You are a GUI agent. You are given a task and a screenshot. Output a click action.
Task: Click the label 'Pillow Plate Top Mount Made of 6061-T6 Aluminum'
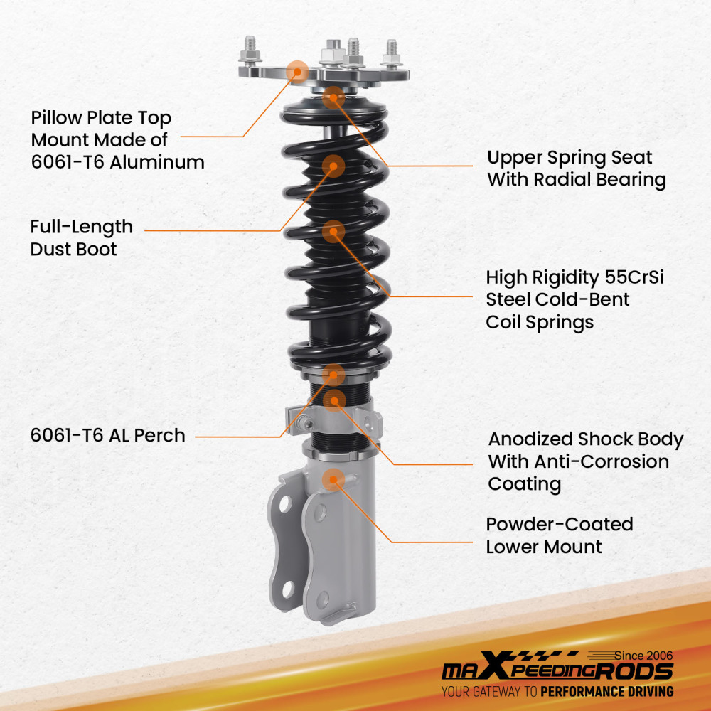coord(117,139)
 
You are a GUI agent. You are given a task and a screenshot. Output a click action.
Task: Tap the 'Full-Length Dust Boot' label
coord(81,237)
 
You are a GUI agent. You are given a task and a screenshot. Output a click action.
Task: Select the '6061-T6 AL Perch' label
coord(107,435)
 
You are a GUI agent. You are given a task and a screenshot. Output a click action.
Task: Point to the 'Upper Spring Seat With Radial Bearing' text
coord(576,169)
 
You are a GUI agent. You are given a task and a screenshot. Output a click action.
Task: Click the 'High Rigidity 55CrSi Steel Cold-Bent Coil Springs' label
coord(574,299)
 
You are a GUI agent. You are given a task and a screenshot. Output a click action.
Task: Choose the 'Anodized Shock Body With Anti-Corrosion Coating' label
coord(584,461)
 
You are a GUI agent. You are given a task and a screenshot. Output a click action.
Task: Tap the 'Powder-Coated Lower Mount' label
coord(559,535)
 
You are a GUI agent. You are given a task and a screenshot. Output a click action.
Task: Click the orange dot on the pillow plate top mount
coord(297,70)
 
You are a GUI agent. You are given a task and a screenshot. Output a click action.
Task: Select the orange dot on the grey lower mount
coord(331,480)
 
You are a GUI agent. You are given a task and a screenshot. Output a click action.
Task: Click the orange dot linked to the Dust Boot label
coord(333,166)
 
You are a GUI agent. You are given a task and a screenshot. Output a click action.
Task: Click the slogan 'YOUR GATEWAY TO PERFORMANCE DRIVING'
coord(557,691)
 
